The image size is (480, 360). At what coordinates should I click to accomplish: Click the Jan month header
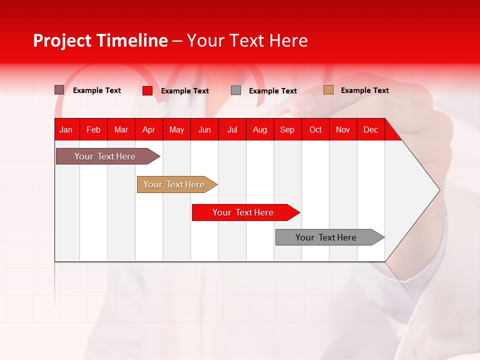click(x=66, y=130)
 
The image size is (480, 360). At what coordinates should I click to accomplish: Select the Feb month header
click(x=93, y=130)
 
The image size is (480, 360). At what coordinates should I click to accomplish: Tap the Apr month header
click(x=148, y=130)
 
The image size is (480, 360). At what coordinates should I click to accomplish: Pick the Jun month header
click(x=204, y=130)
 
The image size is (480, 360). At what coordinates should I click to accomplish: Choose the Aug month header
click(x=259, y=130)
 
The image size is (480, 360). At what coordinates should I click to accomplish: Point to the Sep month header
click(x=287, y=130)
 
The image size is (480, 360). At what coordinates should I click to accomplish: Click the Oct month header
click(x=315, y=130)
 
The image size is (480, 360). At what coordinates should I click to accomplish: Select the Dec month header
click(x=370, y=130)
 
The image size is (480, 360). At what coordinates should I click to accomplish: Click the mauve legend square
click(x=59, y=90)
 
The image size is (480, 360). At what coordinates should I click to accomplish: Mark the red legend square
click(x=147, y=90)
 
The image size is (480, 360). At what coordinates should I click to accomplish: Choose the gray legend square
click(x=236, y=90)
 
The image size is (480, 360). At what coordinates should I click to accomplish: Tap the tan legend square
click(x=328, y=90)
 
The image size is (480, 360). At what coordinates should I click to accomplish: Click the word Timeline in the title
click(x=132, y=40)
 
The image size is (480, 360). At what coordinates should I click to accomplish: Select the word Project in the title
click(x=62, y=40)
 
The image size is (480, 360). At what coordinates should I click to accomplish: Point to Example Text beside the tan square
click(x=364, y=90)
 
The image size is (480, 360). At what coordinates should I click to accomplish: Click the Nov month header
click(x=343, y=130)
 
